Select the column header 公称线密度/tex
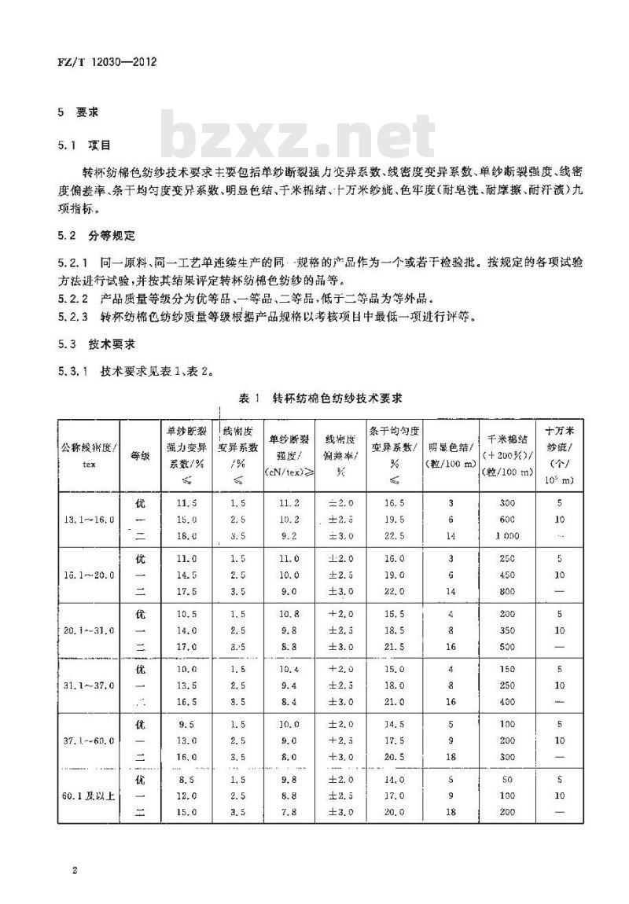[88, 454]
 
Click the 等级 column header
[140, 454]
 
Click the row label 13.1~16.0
[88, 520]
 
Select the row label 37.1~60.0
[88, 740]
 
